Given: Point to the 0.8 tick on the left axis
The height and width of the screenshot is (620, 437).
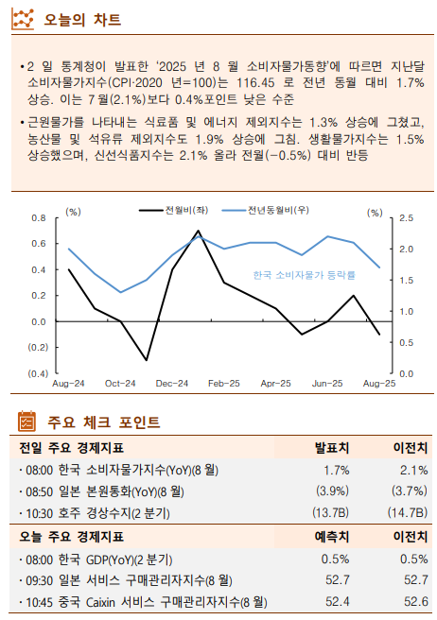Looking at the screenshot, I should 39,218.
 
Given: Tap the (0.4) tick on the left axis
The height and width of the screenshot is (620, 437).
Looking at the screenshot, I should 36,373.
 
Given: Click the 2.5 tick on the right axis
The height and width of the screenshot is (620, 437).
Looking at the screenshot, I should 406,218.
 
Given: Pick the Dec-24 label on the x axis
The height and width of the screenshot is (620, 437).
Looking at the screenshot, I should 172,384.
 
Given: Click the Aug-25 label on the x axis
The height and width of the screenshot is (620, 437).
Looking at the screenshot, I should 379,384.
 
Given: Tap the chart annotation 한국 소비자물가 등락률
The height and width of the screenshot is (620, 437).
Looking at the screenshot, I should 305,275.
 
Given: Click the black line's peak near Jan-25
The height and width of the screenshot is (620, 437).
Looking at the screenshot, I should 198,231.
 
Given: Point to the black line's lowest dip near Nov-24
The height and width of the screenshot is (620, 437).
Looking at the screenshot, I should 146,360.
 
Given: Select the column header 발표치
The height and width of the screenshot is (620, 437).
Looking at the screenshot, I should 332,447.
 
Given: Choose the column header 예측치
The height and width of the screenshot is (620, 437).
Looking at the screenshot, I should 332,536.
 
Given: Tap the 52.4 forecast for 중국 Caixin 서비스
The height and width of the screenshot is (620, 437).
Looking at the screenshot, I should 337,602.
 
